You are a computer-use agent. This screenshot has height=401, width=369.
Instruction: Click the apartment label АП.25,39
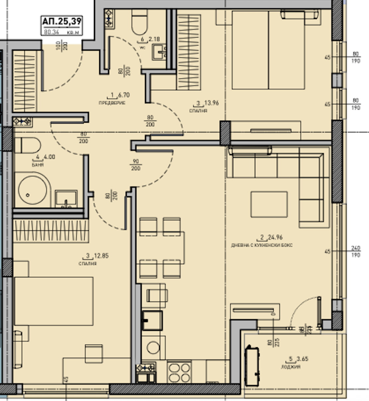[62, 21]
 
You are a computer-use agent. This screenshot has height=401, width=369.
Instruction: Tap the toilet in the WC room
[139, 22]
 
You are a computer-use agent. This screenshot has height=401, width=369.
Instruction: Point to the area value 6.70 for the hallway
[123, 95]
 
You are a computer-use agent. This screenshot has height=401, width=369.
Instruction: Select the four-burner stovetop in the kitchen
[180, 372]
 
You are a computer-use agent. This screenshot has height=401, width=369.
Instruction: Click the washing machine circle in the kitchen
[153, 348]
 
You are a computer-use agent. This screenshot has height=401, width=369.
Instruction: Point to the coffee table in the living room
[269, 204]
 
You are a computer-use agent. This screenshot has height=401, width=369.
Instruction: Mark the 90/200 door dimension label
[136, 165]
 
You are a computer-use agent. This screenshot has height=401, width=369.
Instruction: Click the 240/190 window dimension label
[355, 252]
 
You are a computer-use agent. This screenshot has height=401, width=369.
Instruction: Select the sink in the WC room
[160, 52]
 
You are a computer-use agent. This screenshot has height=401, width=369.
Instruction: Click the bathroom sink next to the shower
[66, 199]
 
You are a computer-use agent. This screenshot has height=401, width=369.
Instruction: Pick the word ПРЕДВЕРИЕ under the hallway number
[112, 103]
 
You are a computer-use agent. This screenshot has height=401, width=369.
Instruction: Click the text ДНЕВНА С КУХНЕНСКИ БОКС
[262, 245]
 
